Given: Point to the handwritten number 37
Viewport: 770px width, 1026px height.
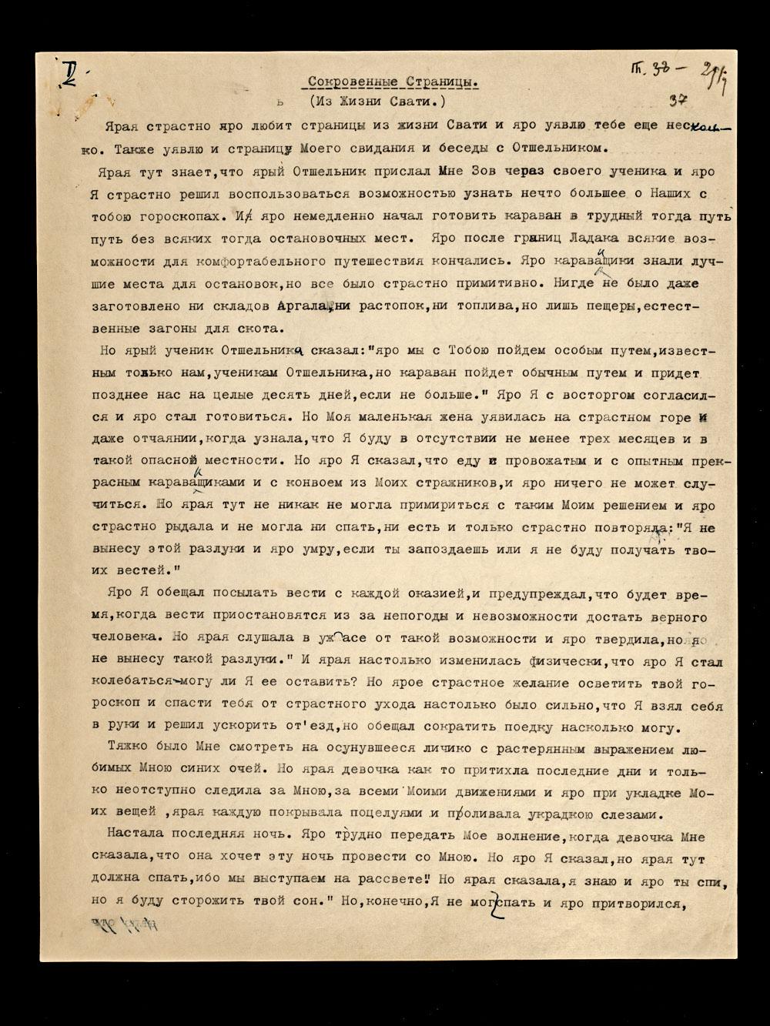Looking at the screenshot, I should pyautogui.click(x=678, y=100).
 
